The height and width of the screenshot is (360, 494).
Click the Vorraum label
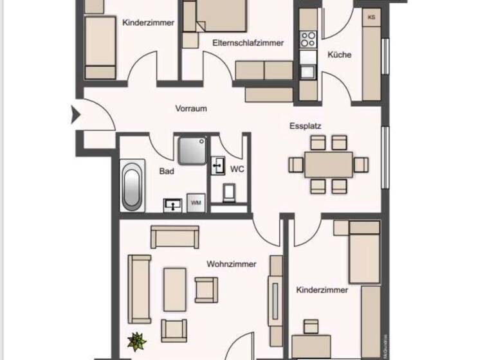pyautogui.click(x=191, y=109)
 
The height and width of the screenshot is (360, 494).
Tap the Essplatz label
pyautogui.click(x=305, y=127)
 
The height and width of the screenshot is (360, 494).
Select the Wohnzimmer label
pyautogui.click(x=232, y=264)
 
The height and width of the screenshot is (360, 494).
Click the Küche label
pyautogui.click(x=340, y=55)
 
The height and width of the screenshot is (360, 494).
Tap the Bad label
pyautogui.click(x=167, y=172)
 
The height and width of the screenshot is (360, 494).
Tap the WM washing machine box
pyautogui.click(x=196, y=203)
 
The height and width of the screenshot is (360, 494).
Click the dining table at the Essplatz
pyautogui.click(x=329, y=165)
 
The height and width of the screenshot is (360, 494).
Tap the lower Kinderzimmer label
pyautogui.click(x=322, y=291)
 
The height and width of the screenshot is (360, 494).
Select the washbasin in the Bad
pyautogui.click(x=173, y=204)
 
